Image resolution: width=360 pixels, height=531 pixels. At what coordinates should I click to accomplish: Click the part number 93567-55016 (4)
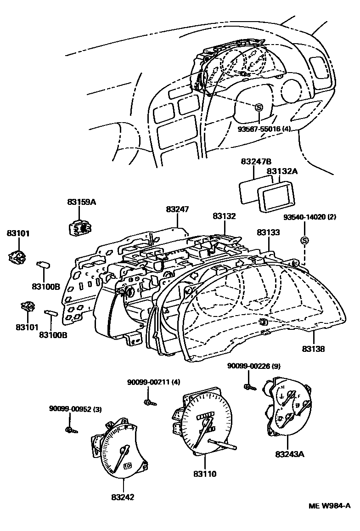click(264, 129)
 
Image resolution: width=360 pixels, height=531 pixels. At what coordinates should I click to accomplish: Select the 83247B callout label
click(256, 162)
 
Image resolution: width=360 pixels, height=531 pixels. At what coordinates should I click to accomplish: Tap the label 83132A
click(282, 171)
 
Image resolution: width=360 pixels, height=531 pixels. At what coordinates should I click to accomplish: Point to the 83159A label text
click(81, 202)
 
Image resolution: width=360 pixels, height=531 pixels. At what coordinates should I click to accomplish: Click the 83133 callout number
click(268, 232)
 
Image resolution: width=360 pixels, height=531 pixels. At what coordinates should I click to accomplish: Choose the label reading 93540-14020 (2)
click(310, 217)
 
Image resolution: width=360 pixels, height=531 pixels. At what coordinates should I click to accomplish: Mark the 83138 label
click(313, 349)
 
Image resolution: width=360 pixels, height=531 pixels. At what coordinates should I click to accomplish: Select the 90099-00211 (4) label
click(153, 382)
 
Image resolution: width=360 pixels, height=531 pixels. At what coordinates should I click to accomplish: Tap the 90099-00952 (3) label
click(76, 409)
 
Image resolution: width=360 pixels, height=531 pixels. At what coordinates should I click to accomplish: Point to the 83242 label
click(123, 497)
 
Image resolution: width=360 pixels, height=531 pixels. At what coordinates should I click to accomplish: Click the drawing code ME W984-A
click(329, 506)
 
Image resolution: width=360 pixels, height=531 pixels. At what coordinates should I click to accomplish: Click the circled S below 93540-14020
click(304, 241)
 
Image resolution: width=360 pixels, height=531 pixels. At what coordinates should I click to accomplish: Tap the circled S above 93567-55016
click(259, 107)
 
